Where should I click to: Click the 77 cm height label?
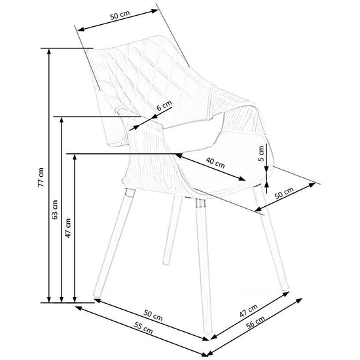[x=41, y=177]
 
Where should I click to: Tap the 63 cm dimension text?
[x=54, y=209]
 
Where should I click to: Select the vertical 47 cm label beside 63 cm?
[x=68, y=228]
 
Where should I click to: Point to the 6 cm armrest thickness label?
[x=164, y=105]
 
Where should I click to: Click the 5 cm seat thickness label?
[x=261, y=154]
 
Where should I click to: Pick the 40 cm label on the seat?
[x=215, y=162]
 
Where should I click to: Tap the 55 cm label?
[x=143, y=328]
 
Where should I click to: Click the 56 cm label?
[x=255, y=322]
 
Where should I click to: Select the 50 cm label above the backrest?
[x=120, y=16]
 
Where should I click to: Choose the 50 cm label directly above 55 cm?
[x=153, y=315]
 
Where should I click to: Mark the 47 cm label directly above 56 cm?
[x=249, y=311]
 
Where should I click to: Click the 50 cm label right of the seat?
[x=284, y=193]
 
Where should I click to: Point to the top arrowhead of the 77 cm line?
[x=48, y=52]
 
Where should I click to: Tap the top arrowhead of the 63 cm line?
[x=62, y=120]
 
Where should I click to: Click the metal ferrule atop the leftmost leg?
[x=130, y=193]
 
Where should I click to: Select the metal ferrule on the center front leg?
[x=201, y=203]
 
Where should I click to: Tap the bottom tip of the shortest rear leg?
[x=166, y=262]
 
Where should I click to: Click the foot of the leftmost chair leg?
[x=97, y=295]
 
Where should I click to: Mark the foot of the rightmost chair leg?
[x=285, y=289]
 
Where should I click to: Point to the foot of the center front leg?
[x=207, y=331]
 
